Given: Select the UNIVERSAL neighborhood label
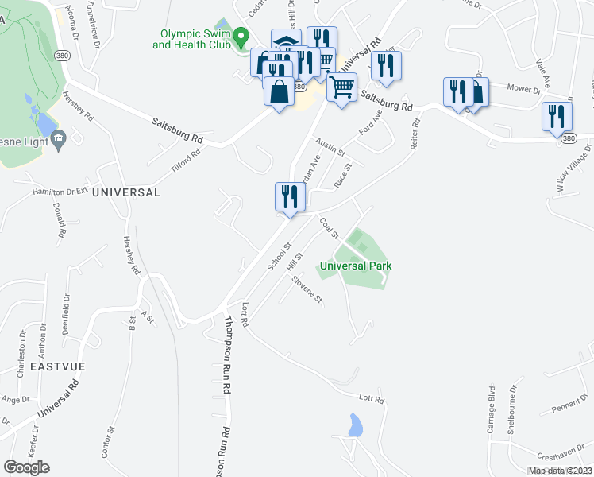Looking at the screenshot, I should pyautogui.click(x=125, y=192).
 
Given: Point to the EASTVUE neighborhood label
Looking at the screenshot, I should pyautogui.click(x=57, y=367).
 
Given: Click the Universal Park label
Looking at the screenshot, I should pyautogui.click(x=356, y=266).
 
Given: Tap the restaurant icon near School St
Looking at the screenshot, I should pyautogui.click(x=289, y=198).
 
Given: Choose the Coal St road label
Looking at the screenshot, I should pyautogui.click(x=330, y=228).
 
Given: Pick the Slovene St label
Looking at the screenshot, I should pyautogui.click(x=307, y=289).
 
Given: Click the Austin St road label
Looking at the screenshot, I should pyautogui.click(x=330, y=146).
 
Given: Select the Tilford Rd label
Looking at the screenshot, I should pyautogui.click(x=185, y=161).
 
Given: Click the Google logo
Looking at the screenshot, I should pyautogui.click(x=26, y=467).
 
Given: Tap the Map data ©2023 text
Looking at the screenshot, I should pyautogui.click(x=560, y=471).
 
